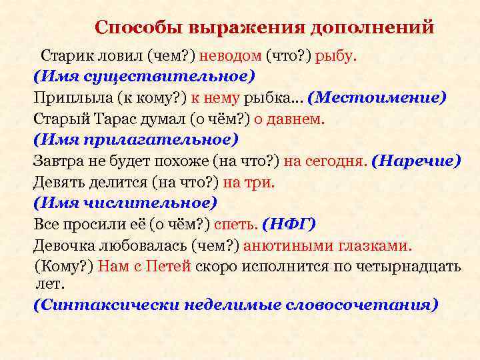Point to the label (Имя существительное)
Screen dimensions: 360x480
click(145, 76)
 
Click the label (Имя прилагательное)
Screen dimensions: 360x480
click(136, 139)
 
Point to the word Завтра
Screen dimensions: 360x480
click(57, 161)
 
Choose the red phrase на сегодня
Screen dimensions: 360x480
click(325, 161)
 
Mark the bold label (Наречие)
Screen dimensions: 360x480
click(416, 161)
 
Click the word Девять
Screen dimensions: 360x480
click(57, 182)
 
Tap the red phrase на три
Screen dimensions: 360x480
click(249, 182)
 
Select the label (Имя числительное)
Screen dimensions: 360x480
click(125, 203)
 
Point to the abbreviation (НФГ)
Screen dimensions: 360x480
click(289, 224)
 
